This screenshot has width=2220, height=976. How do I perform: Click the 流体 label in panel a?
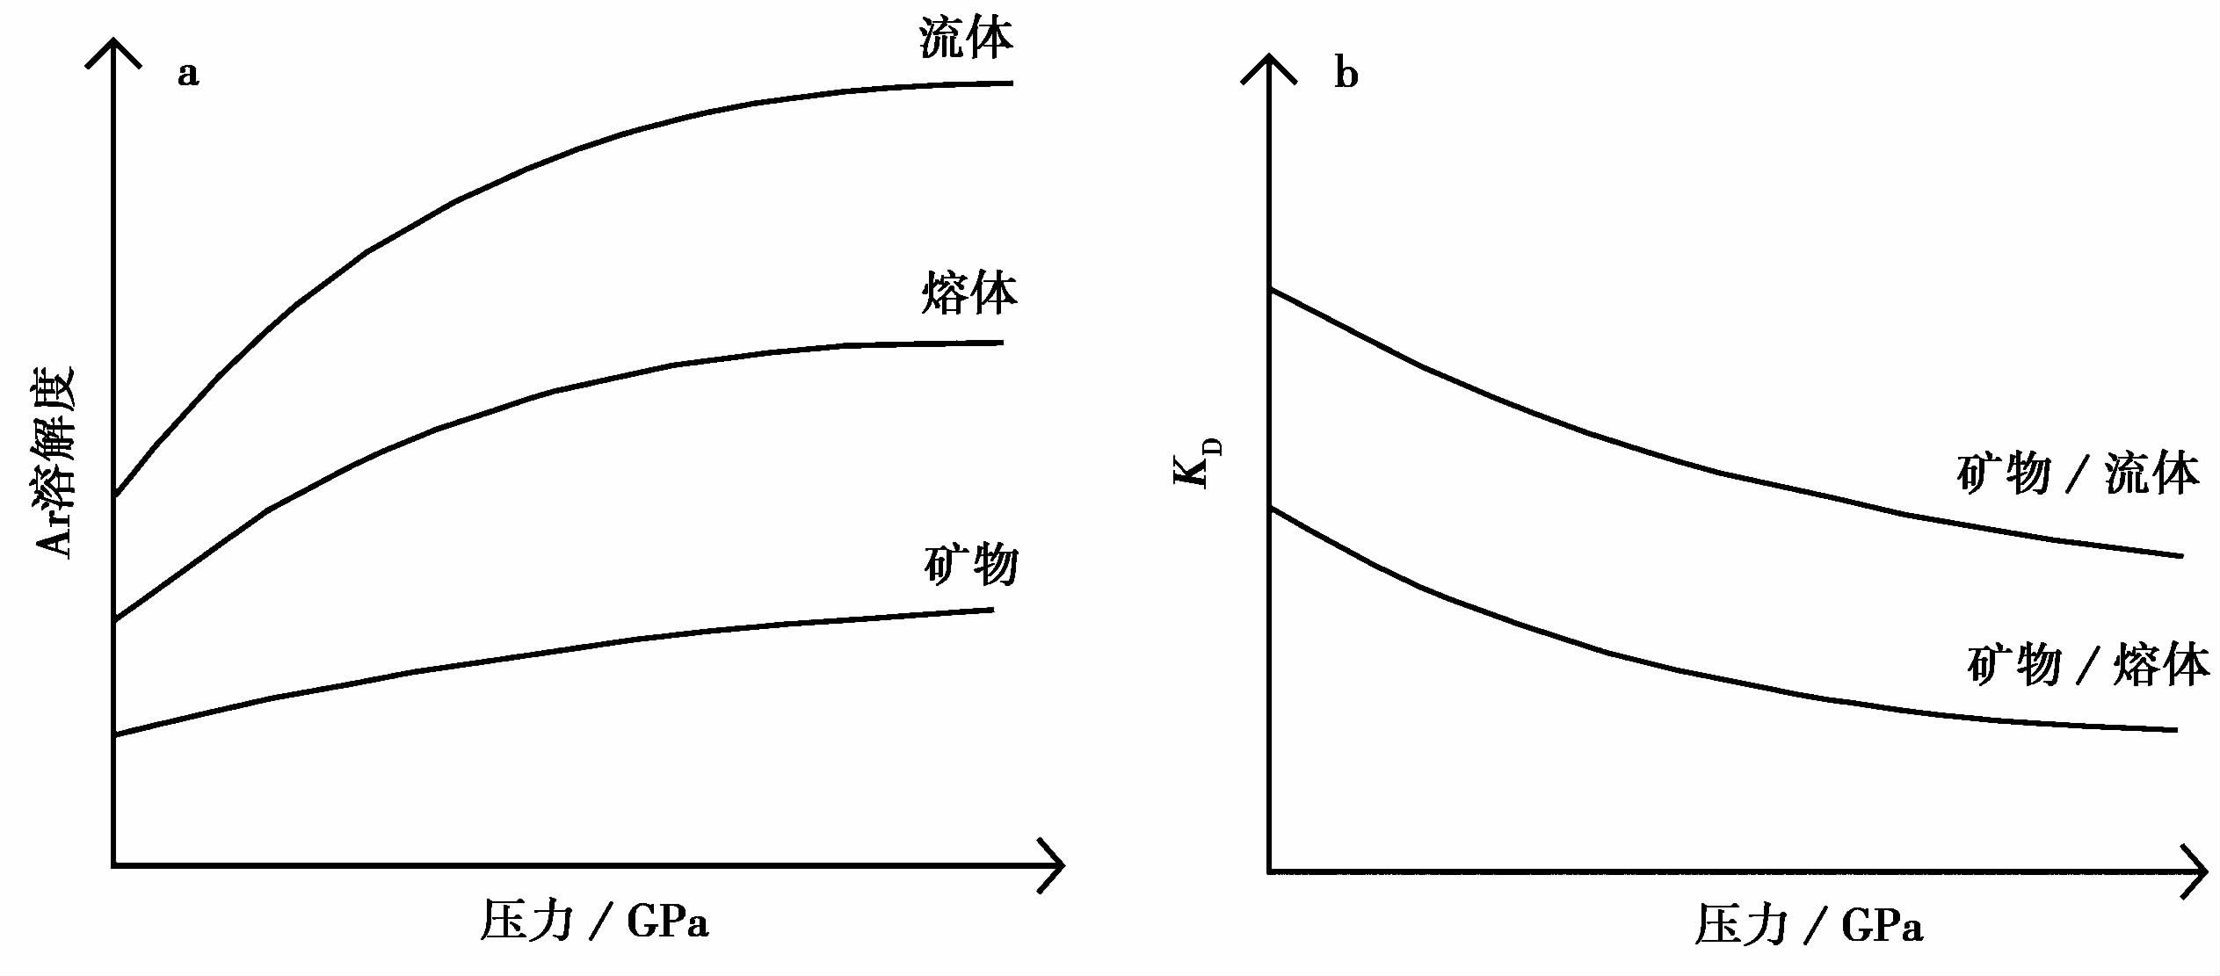966,40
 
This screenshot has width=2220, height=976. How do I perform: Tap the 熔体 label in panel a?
969,293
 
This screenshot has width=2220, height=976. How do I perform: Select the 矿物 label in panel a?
971,564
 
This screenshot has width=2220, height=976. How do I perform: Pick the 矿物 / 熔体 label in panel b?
2088,664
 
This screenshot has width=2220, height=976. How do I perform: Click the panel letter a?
188,74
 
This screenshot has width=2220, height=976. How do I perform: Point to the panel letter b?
1346,74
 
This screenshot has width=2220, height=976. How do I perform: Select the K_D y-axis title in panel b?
1197,463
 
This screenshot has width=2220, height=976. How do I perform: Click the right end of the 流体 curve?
1012,83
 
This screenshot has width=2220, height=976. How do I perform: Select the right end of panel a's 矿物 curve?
992,610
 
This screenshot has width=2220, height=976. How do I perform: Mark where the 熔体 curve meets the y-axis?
115,620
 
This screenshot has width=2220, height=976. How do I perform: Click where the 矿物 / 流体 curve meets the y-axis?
1270,289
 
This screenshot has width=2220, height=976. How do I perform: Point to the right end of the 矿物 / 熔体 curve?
2176,729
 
